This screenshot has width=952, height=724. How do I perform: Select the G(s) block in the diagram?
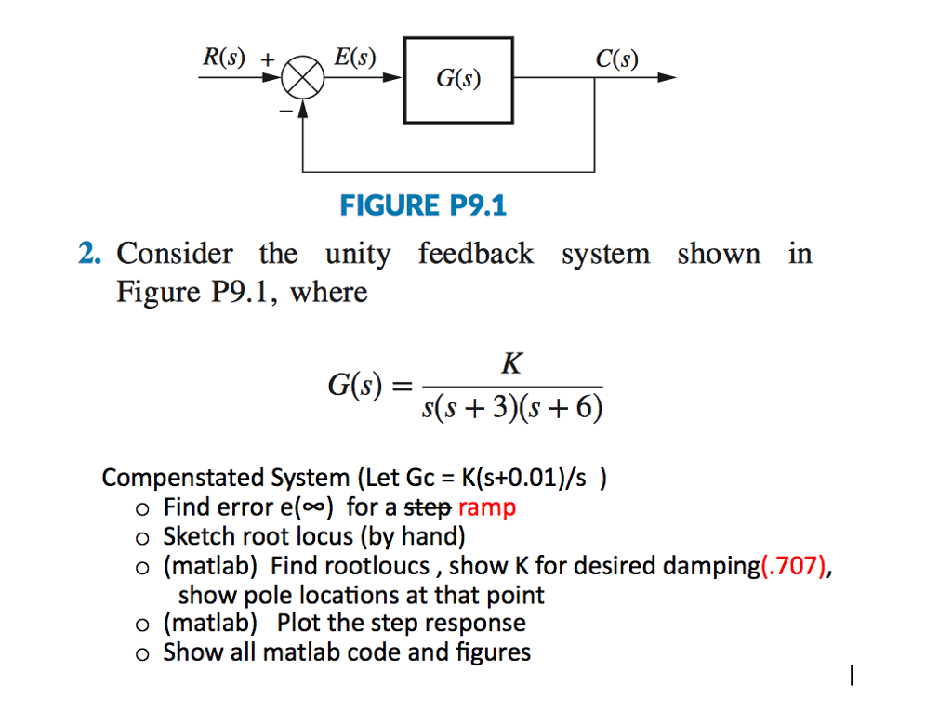pos(458,80)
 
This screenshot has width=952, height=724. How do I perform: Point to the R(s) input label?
pos(223,57)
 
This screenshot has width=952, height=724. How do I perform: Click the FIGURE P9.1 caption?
pos(423,204)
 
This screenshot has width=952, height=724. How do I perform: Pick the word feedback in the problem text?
pos(476,254)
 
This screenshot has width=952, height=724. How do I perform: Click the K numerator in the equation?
pos(510,363)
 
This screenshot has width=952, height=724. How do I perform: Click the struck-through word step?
pos(430,507)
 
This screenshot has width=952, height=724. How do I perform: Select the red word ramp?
pos(487,507)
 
